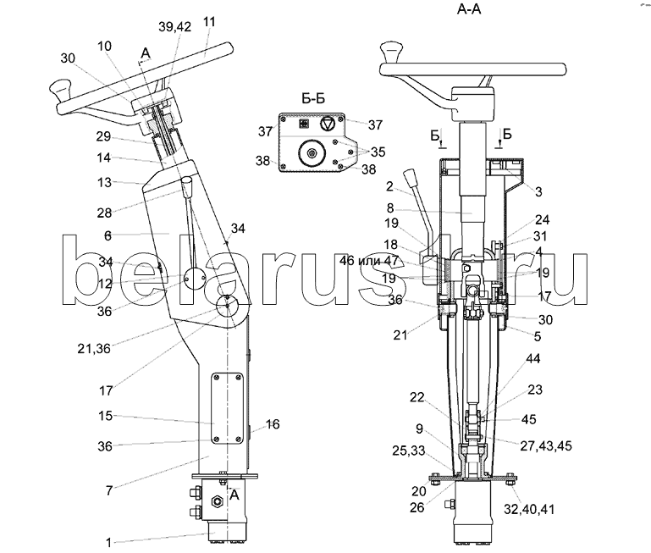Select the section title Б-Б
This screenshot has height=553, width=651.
point(314,98)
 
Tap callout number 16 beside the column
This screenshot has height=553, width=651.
point(273,423)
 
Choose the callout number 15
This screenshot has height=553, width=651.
point(106,416)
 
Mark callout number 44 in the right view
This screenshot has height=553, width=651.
point(510,360)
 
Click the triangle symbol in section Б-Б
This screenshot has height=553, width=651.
point(326,123)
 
